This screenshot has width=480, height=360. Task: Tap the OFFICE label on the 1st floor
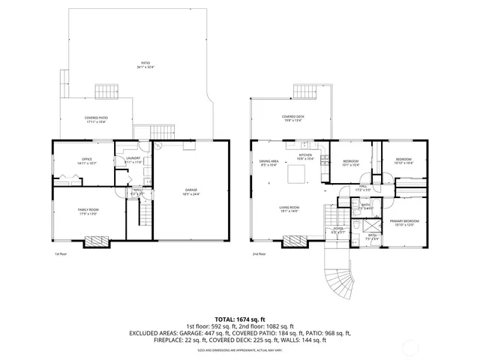(x=87, y=160)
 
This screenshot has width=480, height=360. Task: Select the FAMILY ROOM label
(x=88, y=210)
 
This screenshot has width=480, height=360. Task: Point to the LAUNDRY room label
(x=133, y=159)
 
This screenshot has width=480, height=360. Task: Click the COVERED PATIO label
(x=96, y=118)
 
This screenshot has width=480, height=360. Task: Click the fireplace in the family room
(x=95, y=241)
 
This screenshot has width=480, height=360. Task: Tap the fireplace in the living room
(x=295, y=241)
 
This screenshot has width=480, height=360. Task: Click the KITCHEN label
(x=305, y=156)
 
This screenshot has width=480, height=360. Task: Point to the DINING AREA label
(x=269, y=162)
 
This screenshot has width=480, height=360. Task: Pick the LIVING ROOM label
(x=289, y=208)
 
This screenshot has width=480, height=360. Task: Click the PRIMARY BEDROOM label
(x=403, y=221)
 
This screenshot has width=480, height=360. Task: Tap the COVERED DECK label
(x=292, y=118)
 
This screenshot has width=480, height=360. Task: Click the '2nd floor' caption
(x=259, y=254)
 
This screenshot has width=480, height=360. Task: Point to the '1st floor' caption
(x=61, y=254)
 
